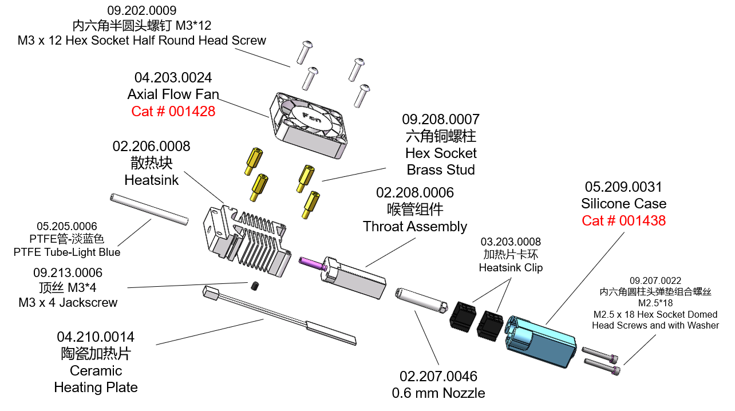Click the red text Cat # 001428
coord(173,111)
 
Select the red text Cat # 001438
coord(623,220)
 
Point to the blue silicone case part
coord(541,341)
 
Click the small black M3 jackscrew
coord(255,285)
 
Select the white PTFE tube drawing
coord(148,210)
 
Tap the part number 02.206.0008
coord(151,147)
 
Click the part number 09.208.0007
coord(440,120)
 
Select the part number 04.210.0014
coord(96,337)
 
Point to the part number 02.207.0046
coord(438,376)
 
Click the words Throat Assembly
coord(414,227)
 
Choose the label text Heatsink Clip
coord(511,267)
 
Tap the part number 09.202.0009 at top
coord(141,10)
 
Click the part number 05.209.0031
coord(623,187)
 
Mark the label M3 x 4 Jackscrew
coord(68,302)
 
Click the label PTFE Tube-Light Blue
coord(67,252)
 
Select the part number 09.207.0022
coord(655,280)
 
